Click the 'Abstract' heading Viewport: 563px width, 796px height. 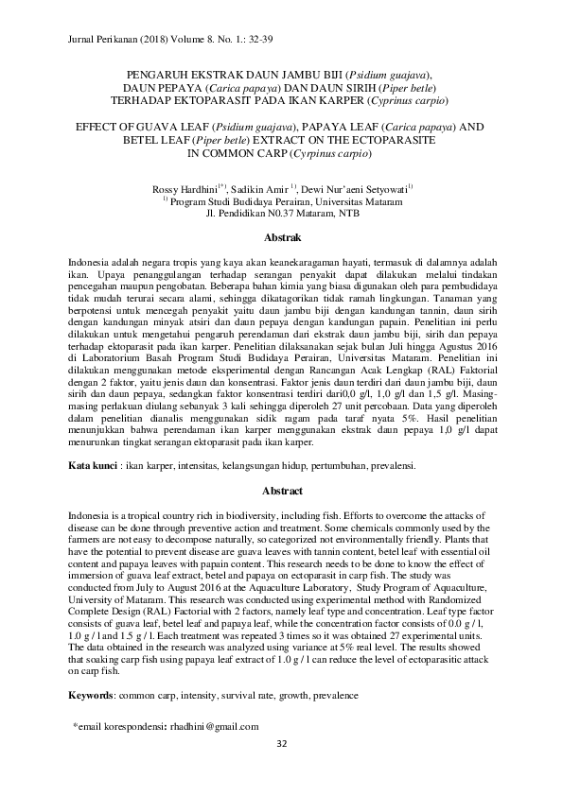[281, 492]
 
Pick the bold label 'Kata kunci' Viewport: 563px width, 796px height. [93, 466]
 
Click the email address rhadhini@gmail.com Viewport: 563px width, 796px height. [208, 726]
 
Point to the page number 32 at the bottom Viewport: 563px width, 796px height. [281, 744]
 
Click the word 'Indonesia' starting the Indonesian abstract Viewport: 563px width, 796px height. [90, 259]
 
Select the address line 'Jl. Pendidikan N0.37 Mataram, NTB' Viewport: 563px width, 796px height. [281, 215]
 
